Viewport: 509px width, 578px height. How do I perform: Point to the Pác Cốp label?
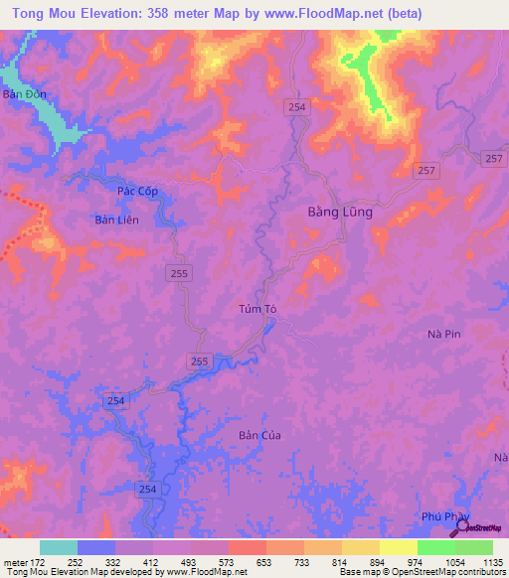137,191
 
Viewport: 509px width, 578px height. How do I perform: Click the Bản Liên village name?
116,219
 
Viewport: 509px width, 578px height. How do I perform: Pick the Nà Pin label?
443,335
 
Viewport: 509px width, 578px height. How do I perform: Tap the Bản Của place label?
261,435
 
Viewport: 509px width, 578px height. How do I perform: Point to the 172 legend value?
40,561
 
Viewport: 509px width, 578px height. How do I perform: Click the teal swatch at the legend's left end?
59,547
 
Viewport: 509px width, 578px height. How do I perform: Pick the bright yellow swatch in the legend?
399,547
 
